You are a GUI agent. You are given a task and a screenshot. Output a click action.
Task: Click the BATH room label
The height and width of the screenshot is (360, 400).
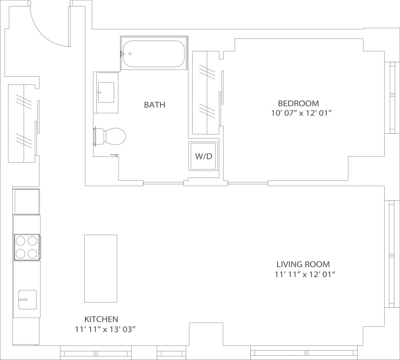tap(154, 105)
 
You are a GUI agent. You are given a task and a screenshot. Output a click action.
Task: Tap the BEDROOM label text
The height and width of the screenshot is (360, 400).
tap(298, 103)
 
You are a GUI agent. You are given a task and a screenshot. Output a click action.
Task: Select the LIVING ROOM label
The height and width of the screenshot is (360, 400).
tap(303, 264)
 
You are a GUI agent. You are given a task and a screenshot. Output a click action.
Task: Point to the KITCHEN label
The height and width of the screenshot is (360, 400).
tap(101, 319)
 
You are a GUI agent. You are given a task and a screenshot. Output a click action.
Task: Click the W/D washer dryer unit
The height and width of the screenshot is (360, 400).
tap(203, 156)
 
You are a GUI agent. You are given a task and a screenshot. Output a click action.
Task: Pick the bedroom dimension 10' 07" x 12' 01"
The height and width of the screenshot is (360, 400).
tap(301, 113)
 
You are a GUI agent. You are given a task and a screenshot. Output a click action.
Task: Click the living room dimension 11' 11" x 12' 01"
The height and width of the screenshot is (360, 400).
tap(305, 275)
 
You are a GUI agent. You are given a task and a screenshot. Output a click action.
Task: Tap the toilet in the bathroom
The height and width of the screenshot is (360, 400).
tap(111, 136)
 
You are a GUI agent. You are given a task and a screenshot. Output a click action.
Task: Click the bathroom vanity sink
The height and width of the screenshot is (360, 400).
tap(106, 92)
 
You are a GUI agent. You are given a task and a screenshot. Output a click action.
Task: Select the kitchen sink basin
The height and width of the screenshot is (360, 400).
tap(27, 300)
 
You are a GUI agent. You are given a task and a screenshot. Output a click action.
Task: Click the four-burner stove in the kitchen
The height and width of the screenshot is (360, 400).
tap(27, 247)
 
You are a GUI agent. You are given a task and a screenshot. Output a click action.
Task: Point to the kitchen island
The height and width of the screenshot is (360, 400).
tap(101, 268)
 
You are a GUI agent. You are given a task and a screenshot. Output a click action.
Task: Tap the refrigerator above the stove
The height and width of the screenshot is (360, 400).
tap(26, 201)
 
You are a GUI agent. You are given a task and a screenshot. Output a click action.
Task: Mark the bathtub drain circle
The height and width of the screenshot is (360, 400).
tap(130, 54)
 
